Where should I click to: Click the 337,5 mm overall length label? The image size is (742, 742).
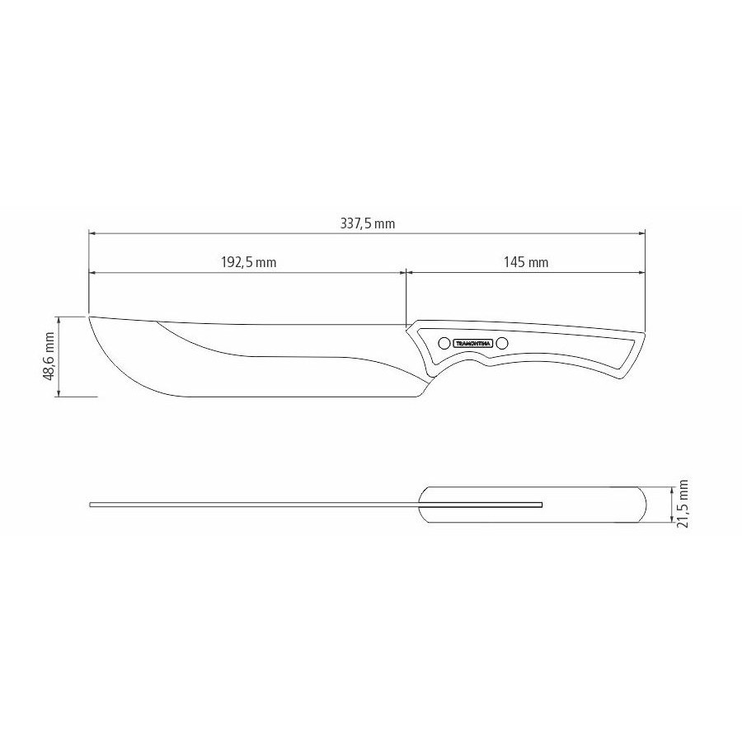click(367, 223)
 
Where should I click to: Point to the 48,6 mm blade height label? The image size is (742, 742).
click(49, 357)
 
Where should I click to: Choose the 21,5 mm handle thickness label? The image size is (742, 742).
click(682, 504)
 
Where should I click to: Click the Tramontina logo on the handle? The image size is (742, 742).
click(473, 343)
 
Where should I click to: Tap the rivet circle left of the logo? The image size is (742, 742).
click(444, 343)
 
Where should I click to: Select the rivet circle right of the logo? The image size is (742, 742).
click(502, 343)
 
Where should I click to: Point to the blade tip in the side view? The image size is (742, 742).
click(89, 316)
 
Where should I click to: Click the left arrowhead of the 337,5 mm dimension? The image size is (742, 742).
click(92, 233)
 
